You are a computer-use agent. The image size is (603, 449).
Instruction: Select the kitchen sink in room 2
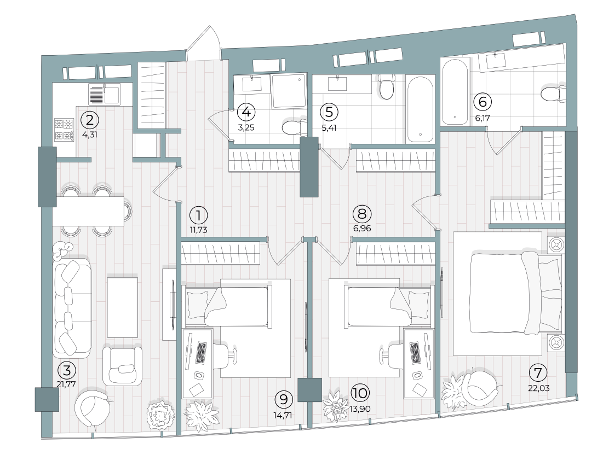coord(104,94)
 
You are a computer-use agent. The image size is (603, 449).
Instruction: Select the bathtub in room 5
coord(420,109)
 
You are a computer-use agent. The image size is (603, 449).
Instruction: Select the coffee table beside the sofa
coord(122,307)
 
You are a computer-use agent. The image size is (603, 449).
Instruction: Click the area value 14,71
coord(283,414)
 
